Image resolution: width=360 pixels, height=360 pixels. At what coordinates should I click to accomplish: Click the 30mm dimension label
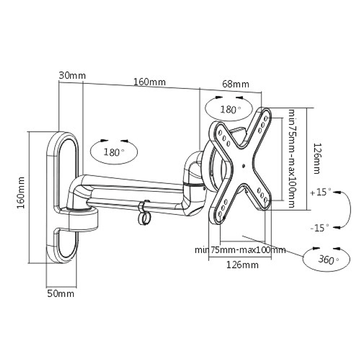coord(71,75)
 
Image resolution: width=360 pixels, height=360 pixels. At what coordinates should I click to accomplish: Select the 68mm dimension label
coord(235,84)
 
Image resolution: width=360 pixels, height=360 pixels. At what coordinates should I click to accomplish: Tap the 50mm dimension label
coord(61,294)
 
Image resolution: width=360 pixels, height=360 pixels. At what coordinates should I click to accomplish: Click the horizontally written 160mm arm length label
coord(149,82)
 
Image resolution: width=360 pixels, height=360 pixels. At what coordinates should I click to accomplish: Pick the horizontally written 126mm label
coord(243,264)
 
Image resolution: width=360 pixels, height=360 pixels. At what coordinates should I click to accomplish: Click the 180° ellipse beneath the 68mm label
coord(229,109)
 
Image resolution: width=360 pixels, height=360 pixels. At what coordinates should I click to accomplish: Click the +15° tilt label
coord(320,192)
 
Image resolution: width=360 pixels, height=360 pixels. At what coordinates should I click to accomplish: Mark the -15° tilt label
coord(320,227)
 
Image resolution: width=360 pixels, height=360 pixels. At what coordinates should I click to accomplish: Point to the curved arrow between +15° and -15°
coord(342,209)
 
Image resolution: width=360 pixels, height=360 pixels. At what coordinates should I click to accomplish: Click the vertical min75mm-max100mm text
coord(292,159)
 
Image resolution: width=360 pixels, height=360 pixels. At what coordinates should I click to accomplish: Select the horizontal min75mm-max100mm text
coord(240,250)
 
